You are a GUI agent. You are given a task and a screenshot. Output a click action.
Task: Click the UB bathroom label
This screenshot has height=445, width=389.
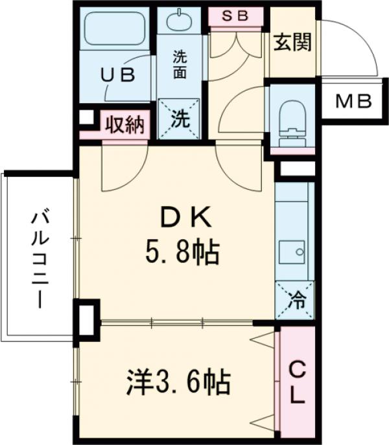click(117, 75)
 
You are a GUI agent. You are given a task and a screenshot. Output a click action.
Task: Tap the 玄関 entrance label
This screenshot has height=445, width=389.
click(292, 43)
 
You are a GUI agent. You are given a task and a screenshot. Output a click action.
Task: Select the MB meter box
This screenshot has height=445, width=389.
click(353, 101)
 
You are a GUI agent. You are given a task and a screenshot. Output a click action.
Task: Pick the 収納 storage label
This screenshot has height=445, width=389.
click(124, 123)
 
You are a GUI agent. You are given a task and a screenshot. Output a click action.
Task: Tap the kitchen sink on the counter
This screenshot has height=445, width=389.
click(294, 250)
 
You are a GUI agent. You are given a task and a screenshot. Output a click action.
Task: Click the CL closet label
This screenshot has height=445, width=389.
click(296, 383)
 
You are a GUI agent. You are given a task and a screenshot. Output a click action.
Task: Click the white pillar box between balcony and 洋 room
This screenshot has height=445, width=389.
click(87, 319)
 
